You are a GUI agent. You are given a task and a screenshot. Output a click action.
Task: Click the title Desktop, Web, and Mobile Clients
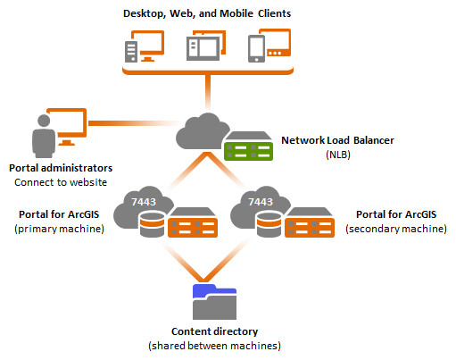pos(207,13)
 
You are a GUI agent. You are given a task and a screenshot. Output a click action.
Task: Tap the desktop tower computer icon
pos(131,52)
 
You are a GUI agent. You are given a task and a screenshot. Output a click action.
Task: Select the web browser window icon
pos(203,48)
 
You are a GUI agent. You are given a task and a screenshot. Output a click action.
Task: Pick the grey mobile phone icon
pos(256,48)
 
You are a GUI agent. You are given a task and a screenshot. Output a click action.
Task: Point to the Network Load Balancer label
pos(337,140)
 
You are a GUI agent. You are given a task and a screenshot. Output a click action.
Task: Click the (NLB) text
pos(338,155)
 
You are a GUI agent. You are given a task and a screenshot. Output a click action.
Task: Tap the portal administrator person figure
pos(44,136)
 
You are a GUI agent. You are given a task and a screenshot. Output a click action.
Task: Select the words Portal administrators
pos(61,168)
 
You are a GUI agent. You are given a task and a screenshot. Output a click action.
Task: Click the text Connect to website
pos(61,182)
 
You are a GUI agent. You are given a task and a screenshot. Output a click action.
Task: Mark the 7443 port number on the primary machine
pos(144,202)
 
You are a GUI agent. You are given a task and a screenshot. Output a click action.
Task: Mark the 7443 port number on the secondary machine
pos(261,202)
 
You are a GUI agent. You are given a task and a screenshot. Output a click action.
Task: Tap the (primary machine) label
pos(59,229)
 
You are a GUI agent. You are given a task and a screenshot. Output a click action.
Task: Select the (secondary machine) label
pos(396,229)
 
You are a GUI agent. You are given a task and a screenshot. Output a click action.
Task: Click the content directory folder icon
pos(214,302)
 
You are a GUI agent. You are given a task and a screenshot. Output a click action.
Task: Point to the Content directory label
pos(214,331)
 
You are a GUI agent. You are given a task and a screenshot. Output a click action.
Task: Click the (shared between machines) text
pos(214,346)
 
